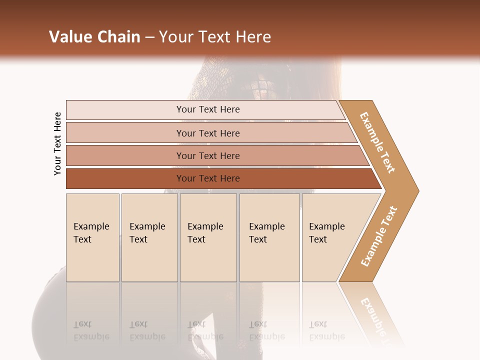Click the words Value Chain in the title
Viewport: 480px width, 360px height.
pos(94,37)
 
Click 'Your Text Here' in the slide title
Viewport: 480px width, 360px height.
pos(215,37)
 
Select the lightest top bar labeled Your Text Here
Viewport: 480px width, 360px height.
pos(125,110)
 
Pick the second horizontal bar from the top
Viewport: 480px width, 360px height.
pos(125,133)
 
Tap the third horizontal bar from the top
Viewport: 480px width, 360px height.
pos(125,155)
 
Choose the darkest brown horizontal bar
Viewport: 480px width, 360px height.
pos(125,178)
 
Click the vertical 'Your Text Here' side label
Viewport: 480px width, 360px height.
pos(57,143)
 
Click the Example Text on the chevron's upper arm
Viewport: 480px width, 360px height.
pos(377,142)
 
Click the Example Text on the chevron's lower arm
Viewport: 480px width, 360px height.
pos(379,236)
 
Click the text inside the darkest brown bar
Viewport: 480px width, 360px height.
pos(208,178)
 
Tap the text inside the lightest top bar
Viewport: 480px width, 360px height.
pos(208,109)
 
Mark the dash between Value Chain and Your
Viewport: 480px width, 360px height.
pos(149,37)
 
